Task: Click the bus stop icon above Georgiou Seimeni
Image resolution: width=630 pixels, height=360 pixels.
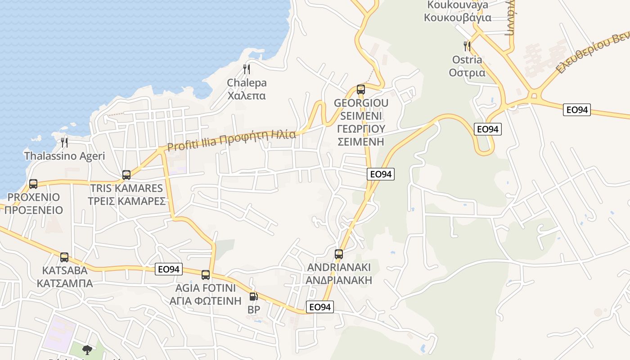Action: click(x=361, y=89)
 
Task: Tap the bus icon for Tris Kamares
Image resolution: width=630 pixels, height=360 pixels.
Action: click(x=126, y=175)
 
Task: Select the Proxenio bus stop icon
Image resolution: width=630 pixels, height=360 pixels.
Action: click(x=33, y=184)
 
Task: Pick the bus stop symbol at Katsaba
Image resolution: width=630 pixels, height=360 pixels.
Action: click(x=64, y=257)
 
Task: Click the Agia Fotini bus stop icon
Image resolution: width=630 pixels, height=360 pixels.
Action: click(x=206, y=274)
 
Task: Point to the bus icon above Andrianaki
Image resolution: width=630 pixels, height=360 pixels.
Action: click(x=339, y=254)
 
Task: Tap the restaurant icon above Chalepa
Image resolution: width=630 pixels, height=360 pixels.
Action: click(x=246, y=69)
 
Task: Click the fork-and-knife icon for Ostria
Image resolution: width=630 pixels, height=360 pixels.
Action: click(x=467, y=46)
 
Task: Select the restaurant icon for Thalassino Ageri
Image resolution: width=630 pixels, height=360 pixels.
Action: click(x=64, y=143)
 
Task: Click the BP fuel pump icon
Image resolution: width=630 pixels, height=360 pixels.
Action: click(x=253, y=297)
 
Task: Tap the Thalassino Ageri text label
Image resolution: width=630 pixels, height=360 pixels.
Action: click(x=64, y=156)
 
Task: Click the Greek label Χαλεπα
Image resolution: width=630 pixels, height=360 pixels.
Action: click(x=247, y=96)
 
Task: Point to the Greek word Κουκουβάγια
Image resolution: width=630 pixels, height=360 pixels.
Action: click(x=457, y=18)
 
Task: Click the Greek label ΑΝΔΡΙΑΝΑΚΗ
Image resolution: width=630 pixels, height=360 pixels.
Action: click(x=339, y=280)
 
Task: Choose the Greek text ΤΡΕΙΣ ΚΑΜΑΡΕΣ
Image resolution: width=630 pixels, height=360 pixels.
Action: click(x=127, y=201)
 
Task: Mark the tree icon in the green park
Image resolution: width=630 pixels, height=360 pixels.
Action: click(x=87, y=350)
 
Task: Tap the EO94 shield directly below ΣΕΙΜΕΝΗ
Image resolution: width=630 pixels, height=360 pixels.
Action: click(x=381, y=174)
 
